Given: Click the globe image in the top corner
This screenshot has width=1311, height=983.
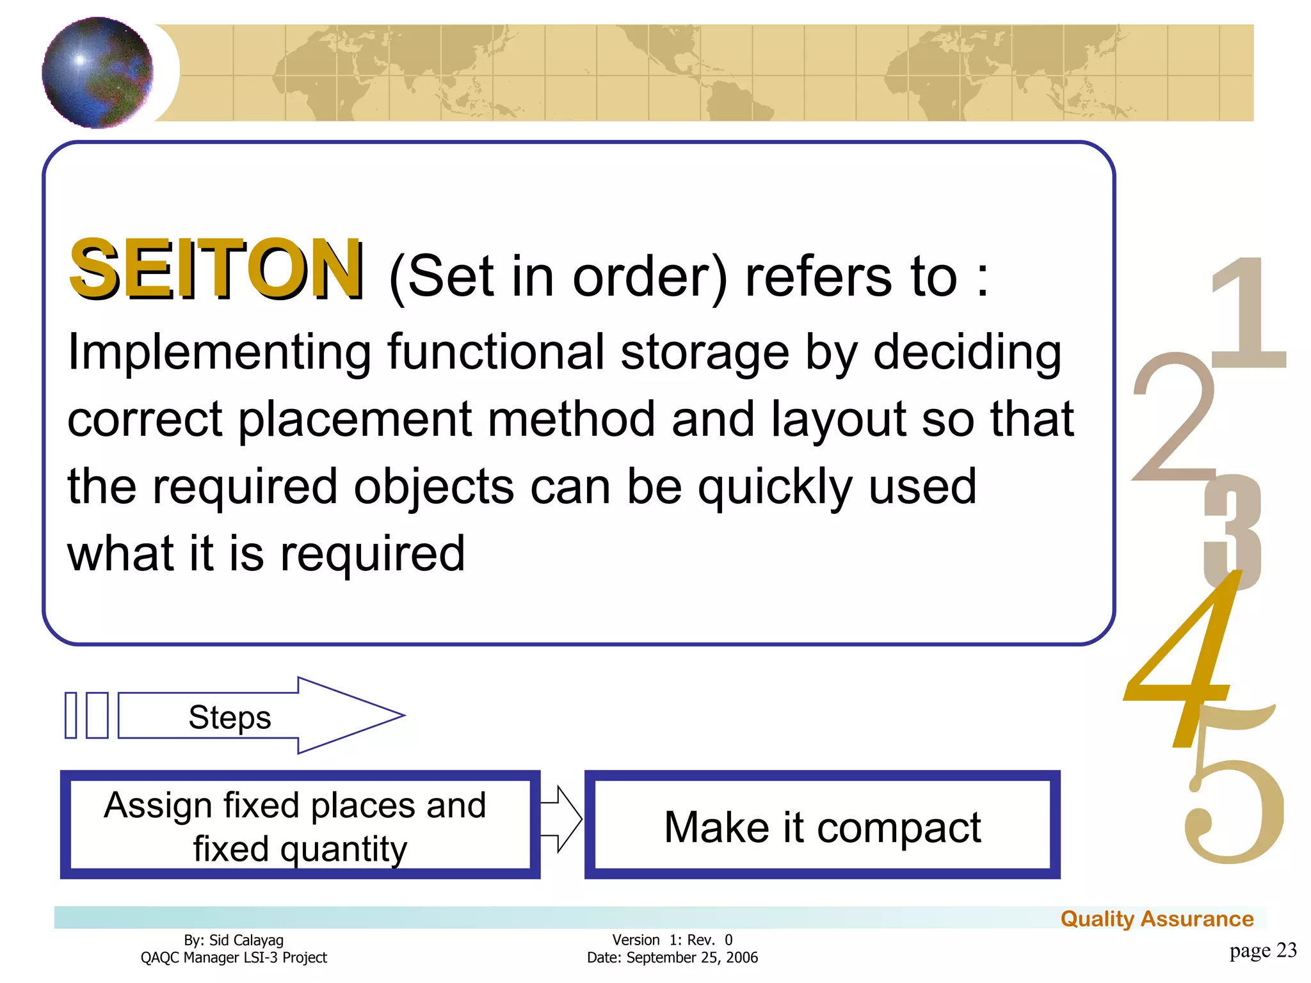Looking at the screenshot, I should tap(97, 72).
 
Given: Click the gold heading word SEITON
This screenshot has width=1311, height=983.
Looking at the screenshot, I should tap(216, 269).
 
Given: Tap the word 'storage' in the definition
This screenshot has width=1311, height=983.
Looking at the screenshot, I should tap(704, 352).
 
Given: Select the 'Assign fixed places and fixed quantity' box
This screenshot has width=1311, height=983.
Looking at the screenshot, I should tap(300, 824).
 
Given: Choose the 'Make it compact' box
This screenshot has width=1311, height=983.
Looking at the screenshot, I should tap(822, 826).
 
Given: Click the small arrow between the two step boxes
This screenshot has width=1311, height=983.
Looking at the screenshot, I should tap(561, 819).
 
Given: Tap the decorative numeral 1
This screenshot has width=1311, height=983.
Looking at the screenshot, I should tap(1248, 314).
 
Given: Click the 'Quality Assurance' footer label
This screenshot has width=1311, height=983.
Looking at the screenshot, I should tap(1157, 918).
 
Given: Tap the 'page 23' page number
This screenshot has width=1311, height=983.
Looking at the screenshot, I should tap(1262, 950).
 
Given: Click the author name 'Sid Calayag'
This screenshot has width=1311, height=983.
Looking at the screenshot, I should tap(246, 940).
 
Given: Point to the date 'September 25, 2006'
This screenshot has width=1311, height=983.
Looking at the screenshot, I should tap(692, 957).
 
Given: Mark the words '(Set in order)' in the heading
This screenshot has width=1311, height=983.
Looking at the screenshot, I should tap(558, 276).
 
